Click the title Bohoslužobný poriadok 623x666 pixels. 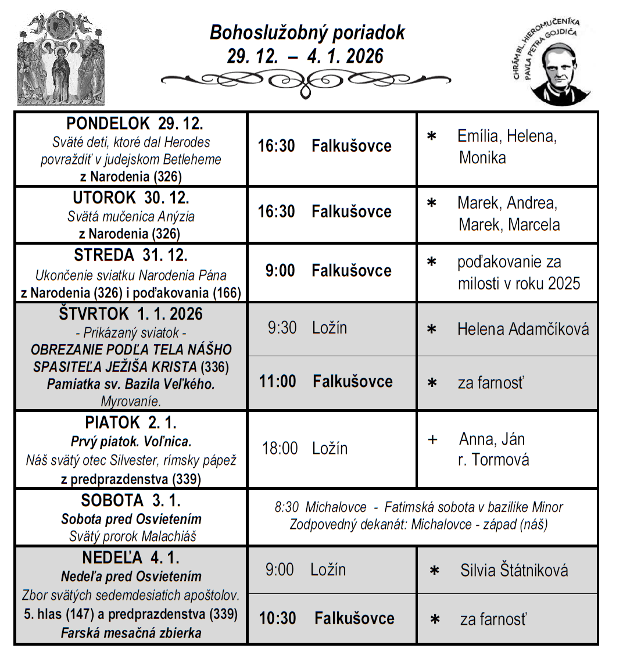(307, 33)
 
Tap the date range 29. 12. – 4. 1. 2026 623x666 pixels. (306, 56)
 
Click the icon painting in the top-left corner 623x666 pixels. (61, 58)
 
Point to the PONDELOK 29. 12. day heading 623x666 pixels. (134, 123)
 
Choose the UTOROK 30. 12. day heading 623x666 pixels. (131, 198)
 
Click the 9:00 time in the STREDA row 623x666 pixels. (280, 271)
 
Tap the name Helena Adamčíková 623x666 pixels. (523, 329)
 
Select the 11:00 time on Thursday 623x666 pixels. (277, 382)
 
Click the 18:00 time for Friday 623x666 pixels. (280, 449)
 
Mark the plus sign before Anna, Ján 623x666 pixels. (432, 439)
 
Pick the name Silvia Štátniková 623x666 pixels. (514, 570)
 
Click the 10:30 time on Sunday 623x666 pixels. (277, 618)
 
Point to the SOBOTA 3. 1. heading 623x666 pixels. (131, 500)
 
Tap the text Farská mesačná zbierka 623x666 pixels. (131, 633)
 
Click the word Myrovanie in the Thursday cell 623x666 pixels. (131, 401)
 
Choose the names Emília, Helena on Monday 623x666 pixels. (507, 137)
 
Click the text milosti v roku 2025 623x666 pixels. (519, 283)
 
